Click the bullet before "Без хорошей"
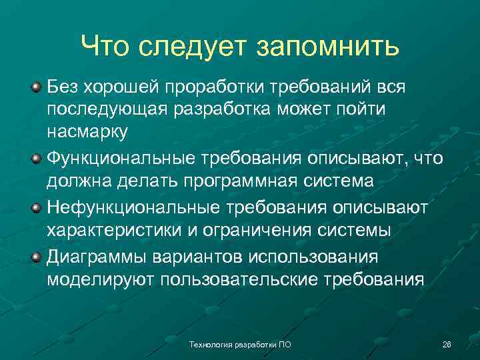click(36, 87)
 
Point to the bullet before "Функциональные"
click(36, 157)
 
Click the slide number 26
click(447, 344)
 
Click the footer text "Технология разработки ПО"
click(241, 344)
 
